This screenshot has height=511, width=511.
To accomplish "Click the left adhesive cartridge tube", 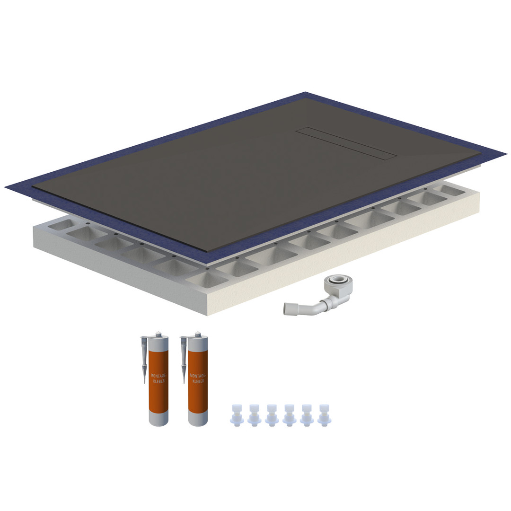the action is pos(159,379).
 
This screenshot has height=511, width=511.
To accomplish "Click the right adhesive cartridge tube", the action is pos(198,379).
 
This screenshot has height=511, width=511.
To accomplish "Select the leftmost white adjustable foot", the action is pos(237,415).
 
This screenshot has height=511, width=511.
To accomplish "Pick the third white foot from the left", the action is pos(272,415).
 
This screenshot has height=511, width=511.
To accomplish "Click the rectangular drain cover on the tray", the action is pos(346,143).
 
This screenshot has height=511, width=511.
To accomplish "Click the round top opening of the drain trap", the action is pos(338,280).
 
